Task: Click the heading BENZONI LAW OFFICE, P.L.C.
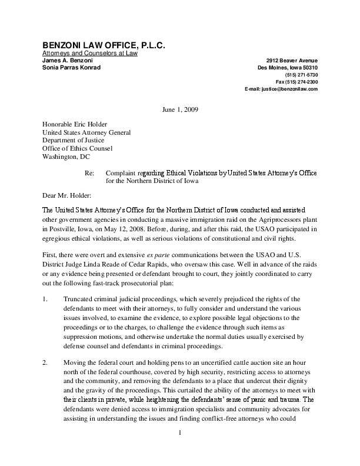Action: pos(104,45)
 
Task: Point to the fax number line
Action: pos(297,82)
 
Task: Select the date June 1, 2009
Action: pos(180,111)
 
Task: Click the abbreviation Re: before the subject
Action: pos(91,174)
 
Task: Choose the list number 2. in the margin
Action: pos(45,363)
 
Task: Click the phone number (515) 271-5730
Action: pos(301,75)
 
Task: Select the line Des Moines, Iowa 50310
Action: pos(287,68)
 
